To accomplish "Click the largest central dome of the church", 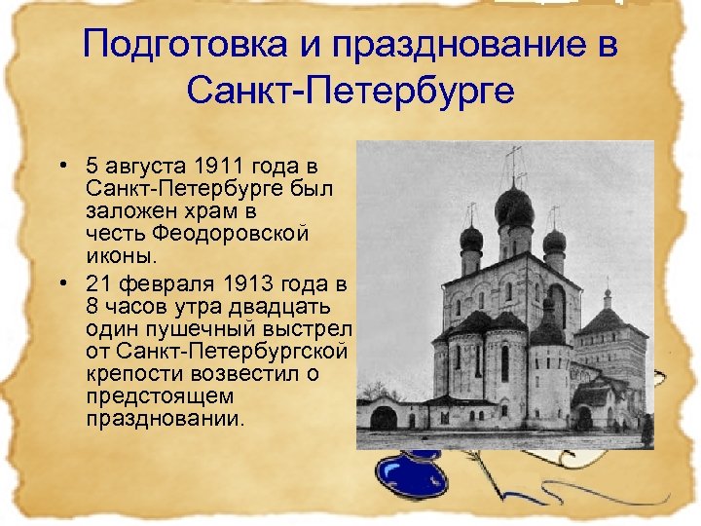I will point(513,207).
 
